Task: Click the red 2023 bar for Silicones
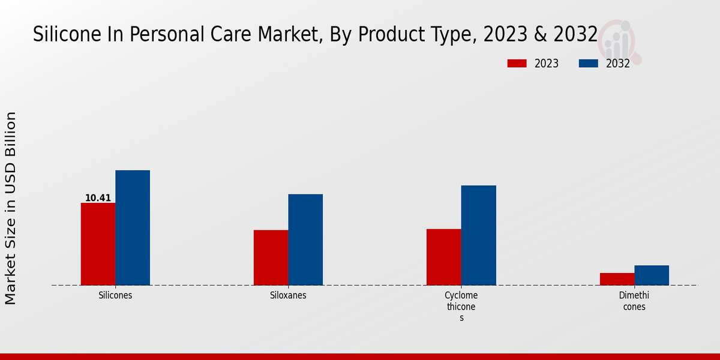pos(98,244)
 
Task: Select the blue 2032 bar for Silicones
pos(133,228)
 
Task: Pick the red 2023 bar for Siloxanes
pos(271,257)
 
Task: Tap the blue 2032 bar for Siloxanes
pos(305,240)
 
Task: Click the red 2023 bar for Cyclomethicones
pos(444,257)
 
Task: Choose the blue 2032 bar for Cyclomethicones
pos(479,235)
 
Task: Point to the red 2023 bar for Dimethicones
pos(617,279)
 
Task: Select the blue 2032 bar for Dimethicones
pos(652,275)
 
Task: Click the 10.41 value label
pos(98,198)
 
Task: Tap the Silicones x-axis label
pos(115,296)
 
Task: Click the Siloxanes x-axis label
pos(288,296)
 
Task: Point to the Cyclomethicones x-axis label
pos(461,307)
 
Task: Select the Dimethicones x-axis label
pos(634,301)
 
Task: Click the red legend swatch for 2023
pos(517,64)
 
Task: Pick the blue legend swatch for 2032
pos(589,64)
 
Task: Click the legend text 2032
pos(617,64)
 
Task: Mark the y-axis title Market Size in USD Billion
pos(11,208)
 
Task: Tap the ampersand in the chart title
pos(539,35)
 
